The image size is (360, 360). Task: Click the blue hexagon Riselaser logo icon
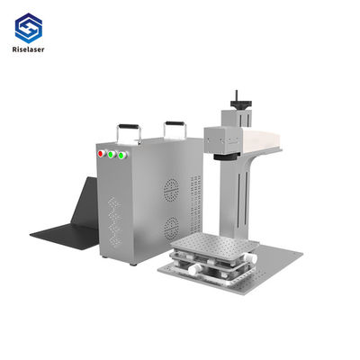pyautogui.click(x=29, y=28)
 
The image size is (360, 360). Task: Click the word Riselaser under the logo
pyautogui.click(x=28, y=49)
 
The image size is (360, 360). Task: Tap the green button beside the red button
pyautogui.click(x=111, y=154)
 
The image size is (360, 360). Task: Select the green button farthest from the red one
pyautogui.click(x=121, y=156)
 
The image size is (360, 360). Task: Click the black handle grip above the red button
pyautogui.click(x=129, y=126)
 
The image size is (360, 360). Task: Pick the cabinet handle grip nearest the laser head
pyautogui.click(x=175, y=123)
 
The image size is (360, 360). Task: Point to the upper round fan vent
pyautogui.click(x=171, y=190)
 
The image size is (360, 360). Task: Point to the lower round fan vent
pyautogui.click(x=171, y=228)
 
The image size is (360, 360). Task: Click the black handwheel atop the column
pyautogui.click(x=241, y=104)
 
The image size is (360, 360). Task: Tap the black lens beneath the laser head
pyautogui.click(x=227, y=157)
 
